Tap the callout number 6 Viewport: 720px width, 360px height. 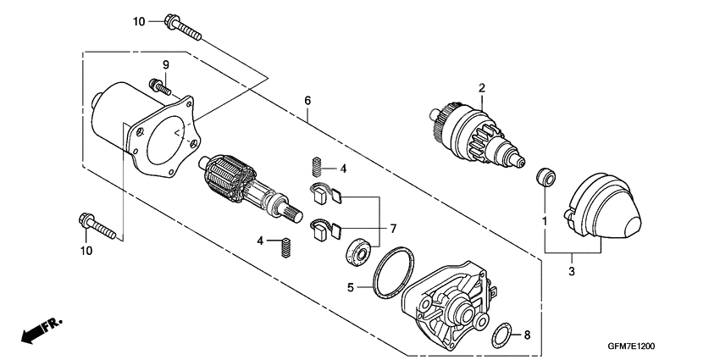pos(307,101)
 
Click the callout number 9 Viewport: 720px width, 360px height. pos(166,64)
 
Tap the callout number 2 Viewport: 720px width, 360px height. pos(481,87)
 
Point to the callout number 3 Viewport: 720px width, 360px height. pos(571,271)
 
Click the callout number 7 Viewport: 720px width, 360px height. pos(392,229)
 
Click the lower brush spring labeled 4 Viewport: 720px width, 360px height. pos(288,247)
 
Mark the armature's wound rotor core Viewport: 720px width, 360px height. pos(226,178)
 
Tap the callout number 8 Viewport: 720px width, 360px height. pos(526,335)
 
